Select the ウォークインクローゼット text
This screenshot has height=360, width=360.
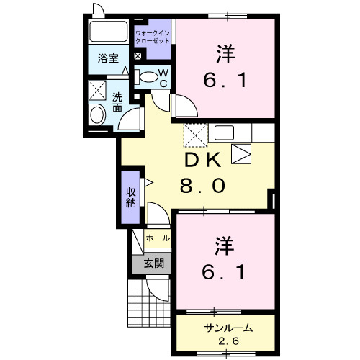click(x=153, y=37)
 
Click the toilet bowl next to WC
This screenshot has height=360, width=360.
click(x=148, y=76)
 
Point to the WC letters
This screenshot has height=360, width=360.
click(x=163, y=76)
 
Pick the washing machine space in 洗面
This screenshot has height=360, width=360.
click(x=96, y=89)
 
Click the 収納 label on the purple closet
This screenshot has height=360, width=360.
click(x=131, y=197)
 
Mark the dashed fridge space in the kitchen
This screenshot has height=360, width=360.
click(x=194, y=135)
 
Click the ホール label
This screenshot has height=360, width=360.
click(x=158, y=237)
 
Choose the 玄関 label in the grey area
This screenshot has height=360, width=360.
click(x=152, y=263)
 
